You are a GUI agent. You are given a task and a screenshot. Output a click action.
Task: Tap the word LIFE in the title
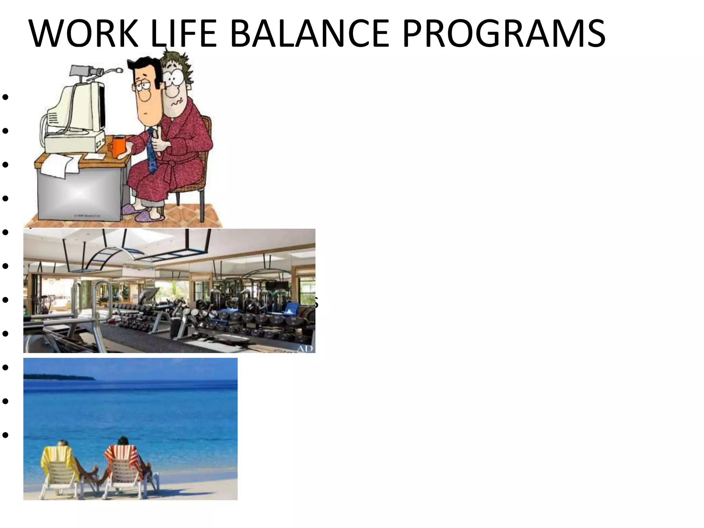tap(184, 33)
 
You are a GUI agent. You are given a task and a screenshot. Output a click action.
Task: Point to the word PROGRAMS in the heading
tap(504, 33)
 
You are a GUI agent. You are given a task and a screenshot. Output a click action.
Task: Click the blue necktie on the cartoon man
tap(152, 151)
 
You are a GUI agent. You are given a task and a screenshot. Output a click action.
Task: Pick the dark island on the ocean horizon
tap(58, 377)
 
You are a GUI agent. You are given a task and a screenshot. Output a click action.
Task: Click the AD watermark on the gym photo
tap(305, 348)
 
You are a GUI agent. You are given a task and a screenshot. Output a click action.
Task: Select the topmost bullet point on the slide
tap(5, 97)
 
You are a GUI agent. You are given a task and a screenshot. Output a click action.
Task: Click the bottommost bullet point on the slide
tap(5, 435)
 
